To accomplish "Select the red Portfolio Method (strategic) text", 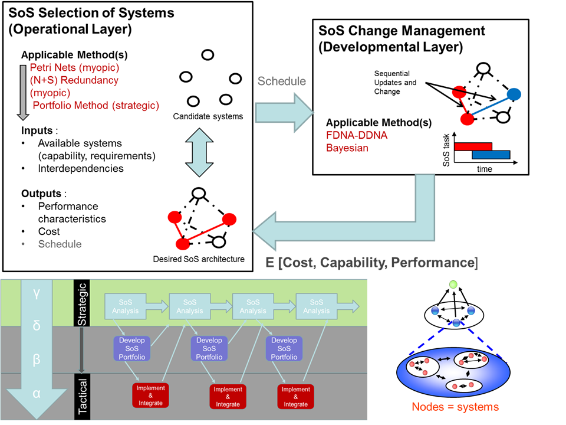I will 96,105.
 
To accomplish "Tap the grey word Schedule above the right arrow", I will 281,81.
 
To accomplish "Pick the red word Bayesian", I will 347,148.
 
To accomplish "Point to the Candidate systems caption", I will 208,116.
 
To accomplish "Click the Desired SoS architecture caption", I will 198,259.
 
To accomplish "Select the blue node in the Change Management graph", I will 514,93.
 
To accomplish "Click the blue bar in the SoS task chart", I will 491,155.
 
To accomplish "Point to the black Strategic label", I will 82,303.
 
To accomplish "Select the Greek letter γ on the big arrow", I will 37,294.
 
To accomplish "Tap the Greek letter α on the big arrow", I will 37,394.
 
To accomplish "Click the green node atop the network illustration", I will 453,286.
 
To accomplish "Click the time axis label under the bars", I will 485,169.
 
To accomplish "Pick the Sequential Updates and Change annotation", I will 394,83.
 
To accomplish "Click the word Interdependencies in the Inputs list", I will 81,168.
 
